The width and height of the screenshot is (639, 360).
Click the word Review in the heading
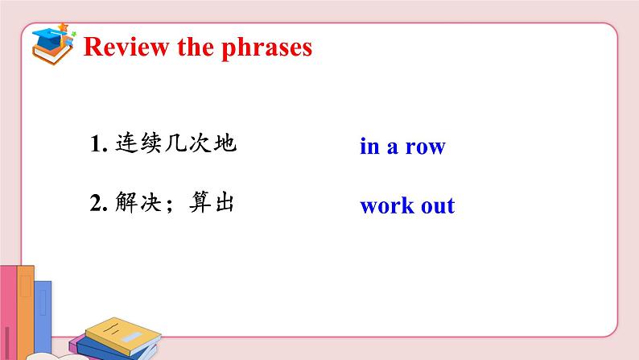[x=126, y=47]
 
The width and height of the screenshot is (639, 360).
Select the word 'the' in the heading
[x=196, y=47]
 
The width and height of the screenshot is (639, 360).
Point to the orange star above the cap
[x=63, y=27]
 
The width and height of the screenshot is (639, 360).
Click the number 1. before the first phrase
[x=99, y=143]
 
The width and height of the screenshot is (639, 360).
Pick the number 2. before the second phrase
[x=99, y=203]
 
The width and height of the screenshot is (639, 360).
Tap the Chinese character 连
[x=126, y=143]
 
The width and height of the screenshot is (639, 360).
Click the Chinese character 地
[x=225, y=143]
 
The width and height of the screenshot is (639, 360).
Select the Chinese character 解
[x=126, y=202]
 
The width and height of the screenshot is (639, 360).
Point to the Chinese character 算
[x=200, y=202]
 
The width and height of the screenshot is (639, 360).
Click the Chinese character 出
[x=225, y=202]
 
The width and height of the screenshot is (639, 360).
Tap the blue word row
[x=426, y=147]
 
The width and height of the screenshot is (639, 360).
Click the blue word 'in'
[x=369, y=146]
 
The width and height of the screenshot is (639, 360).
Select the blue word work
[x=387, y=205]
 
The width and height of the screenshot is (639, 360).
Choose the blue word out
[x=438, y=206]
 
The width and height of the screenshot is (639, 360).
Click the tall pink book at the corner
[x=8, y=312]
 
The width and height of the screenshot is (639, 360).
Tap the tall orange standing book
[x=26, y=311]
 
